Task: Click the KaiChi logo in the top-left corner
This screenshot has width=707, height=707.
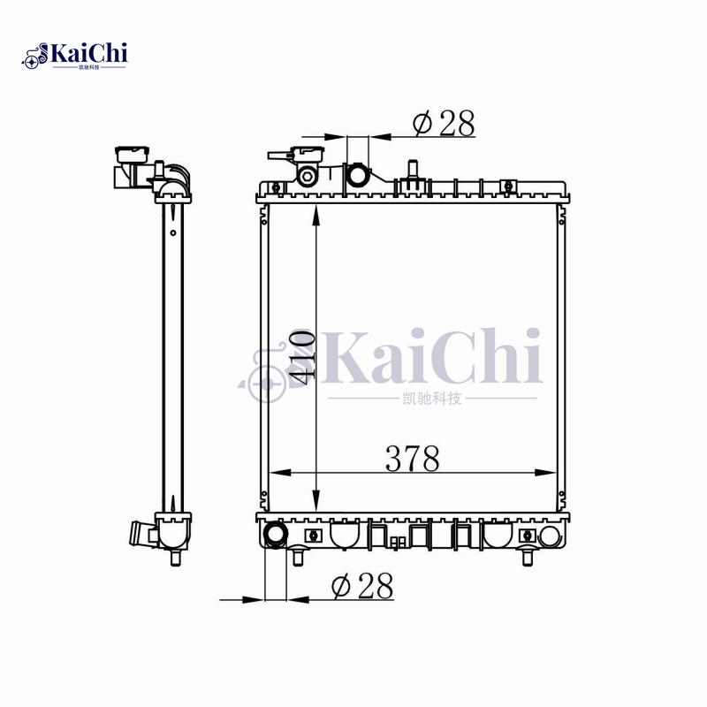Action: [x=75, y=55]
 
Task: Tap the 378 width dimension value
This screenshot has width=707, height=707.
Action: [x=412, y=459]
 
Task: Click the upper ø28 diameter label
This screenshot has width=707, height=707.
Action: [x=444, y=125]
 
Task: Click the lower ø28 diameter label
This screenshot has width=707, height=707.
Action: [x=361, y=586]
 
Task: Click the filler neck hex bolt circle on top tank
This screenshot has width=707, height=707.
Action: [x=308, y=176]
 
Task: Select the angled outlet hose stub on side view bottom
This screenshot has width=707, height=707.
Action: [x=142, y=534]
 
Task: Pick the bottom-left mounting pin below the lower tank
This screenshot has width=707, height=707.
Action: [x=299, y=558]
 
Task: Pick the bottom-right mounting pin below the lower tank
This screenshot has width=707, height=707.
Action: [x=528, y=558]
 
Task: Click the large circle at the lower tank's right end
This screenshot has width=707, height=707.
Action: [x=550, y=536]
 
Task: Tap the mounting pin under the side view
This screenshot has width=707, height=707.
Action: [x=174, y=559]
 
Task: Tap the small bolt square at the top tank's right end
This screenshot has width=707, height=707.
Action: [x=508, y=186]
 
